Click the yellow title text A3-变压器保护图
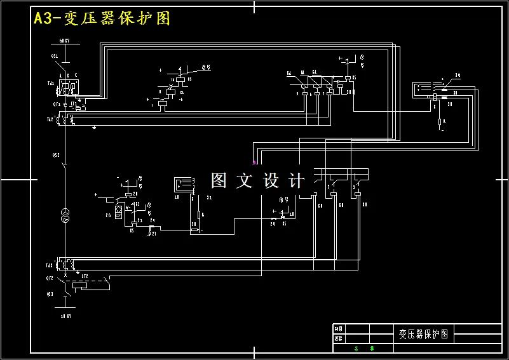[102, 18]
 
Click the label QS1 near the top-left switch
[55, 56]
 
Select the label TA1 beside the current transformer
[50, 83]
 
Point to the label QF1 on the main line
[56, 103]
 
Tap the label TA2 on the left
[50, 119]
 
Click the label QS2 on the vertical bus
[55, 154]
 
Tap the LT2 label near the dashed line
[84, 277]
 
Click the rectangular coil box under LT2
[81, 286]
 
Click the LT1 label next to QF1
[73, 103]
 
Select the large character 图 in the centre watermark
[219, 180]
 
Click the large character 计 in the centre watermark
[296, 180]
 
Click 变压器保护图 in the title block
[423, 333]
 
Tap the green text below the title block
[364, 348]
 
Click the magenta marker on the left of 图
[255, 163]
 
